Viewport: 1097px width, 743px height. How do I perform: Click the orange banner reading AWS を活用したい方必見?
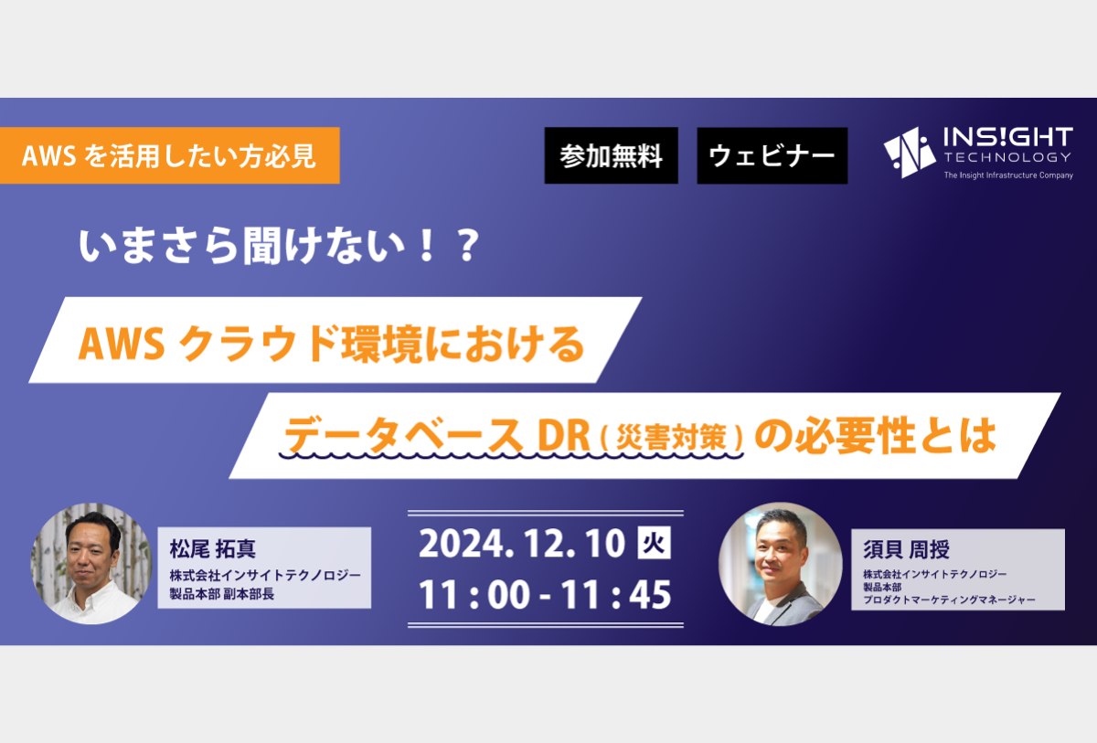click(169, 155)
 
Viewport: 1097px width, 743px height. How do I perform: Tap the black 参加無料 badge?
click(612, 155)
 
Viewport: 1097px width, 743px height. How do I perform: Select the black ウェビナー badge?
click(772, 155)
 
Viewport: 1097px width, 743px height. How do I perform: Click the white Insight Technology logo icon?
click(909, 153)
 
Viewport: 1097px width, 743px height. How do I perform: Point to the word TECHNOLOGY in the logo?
click(1007, 157)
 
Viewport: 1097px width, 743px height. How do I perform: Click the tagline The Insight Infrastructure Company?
click(1008, 175)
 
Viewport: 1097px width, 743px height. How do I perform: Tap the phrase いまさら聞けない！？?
click(279, 246)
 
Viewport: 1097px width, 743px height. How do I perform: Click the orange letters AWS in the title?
click(122, 345)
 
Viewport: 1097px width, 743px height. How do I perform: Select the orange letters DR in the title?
click(563, 436)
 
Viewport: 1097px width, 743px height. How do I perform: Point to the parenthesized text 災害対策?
click(671, 437)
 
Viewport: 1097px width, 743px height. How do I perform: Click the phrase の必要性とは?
click(876, 435)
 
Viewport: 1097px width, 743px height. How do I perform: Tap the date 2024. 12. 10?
click(522, 544)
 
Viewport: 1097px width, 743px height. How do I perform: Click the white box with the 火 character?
click(654, 543)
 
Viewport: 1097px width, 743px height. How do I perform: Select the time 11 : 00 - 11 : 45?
click(545, 595)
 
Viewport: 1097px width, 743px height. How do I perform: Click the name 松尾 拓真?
click(212, 548)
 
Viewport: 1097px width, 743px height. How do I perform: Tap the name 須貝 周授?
click(906, 549)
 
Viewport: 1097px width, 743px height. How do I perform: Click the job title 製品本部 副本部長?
click(222, 594)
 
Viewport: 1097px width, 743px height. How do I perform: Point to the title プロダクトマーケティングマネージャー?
click(949, 600)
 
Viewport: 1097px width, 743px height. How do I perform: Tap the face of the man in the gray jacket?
click(778, 553)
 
